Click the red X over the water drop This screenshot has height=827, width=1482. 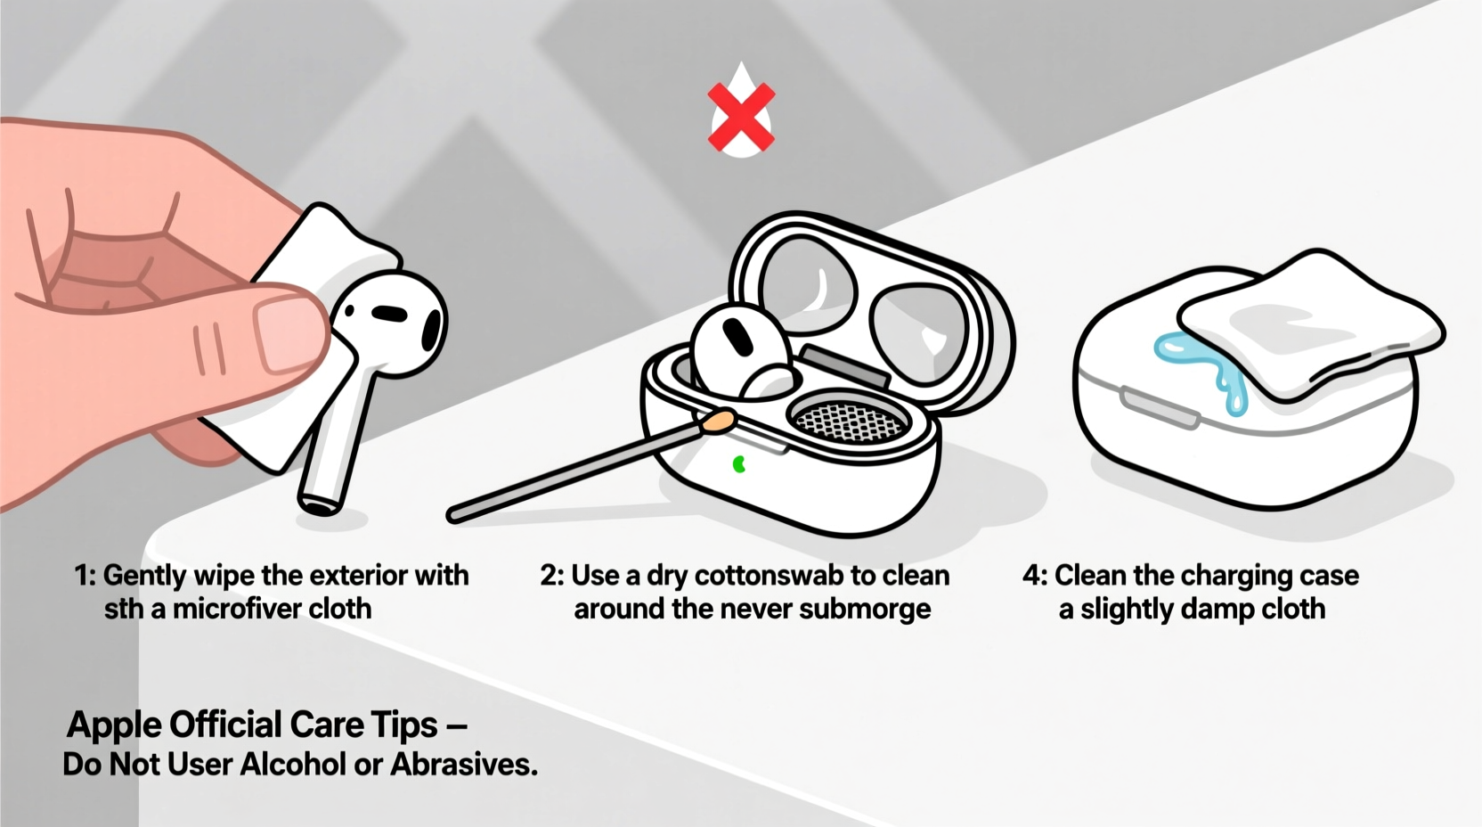741,117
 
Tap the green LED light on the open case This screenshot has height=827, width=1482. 738,463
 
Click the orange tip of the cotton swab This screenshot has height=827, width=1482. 718,422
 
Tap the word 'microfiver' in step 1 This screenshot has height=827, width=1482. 225,609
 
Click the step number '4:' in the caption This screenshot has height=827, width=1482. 1035,576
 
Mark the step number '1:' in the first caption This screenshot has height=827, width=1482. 85,576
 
